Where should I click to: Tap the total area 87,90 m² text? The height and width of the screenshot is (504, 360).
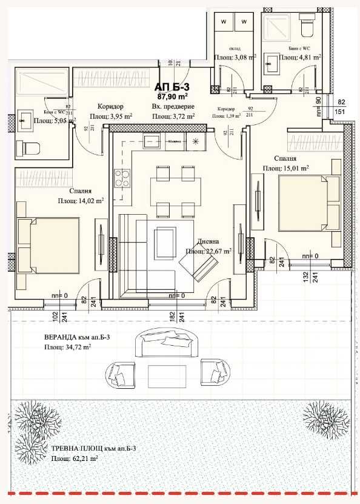tap(173, 96)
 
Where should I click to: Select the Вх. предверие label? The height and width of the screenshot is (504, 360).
tap(173, 106)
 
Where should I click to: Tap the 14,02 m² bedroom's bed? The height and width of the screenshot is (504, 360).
tap(48, 244)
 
